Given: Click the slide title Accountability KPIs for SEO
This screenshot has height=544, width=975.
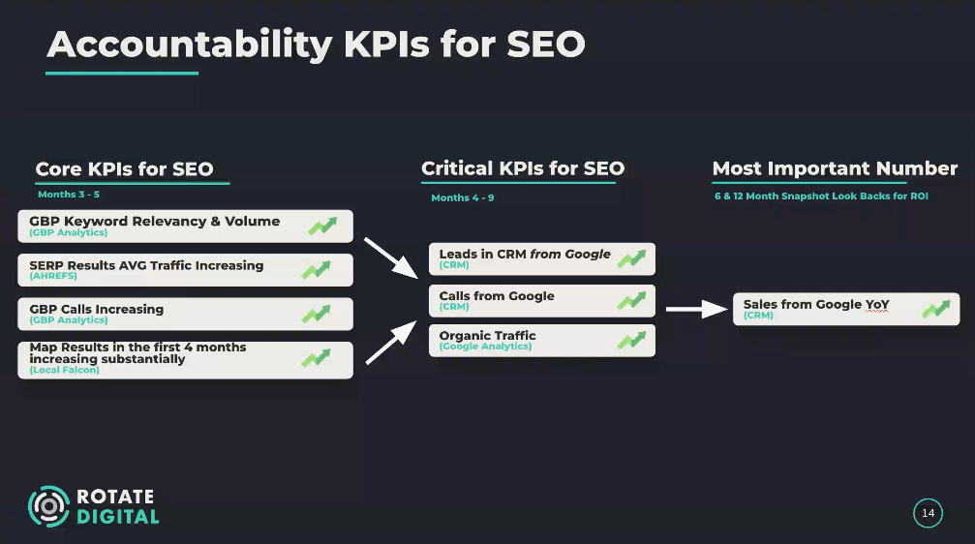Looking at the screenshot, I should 316,44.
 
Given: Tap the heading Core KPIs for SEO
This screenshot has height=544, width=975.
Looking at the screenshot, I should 124,168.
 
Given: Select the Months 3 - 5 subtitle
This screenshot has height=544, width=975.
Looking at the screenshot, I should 69,195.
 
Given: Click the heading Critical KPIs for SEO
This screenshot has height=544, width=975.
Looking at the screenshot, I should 523,168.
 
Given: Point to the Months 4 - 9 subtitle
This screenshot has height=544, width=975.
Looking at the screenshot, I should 463,198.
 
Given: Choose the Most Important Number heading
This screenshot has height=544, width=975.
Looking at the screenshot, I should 835,168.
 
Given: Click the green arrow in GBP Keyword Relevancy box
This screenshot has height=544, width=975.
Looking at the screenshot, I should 322,227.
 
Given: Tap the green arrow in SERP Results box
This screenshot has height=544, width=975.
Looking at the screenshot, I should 316,270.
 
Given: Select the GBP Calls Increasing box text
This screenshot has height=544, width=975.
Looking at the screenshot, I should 97,310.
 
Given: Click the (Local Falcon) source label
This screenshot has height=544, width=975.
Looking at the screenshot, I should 64,370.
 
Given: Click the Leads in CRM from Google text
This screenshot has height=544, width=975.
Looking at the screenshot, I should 525,255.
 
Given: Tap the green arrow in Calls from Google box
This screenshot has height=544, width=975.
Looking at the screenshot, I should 631,301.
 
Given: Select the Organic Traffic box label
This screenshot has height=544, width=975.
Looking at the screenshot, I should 487,336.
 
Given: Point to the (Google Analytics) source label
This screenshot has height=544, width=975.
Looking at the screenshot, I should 485,347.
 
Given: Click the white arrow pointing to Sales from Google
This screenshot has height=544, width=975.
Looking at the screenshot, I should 696,309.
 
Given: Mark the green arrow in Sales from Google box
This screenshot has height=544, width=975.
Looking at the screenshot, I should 936,309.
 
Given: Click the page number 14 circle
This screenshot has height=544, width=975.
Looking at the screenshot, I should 928,513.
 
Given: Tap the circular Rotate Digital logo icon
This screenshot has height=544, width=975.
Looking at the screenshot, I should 48,506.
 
